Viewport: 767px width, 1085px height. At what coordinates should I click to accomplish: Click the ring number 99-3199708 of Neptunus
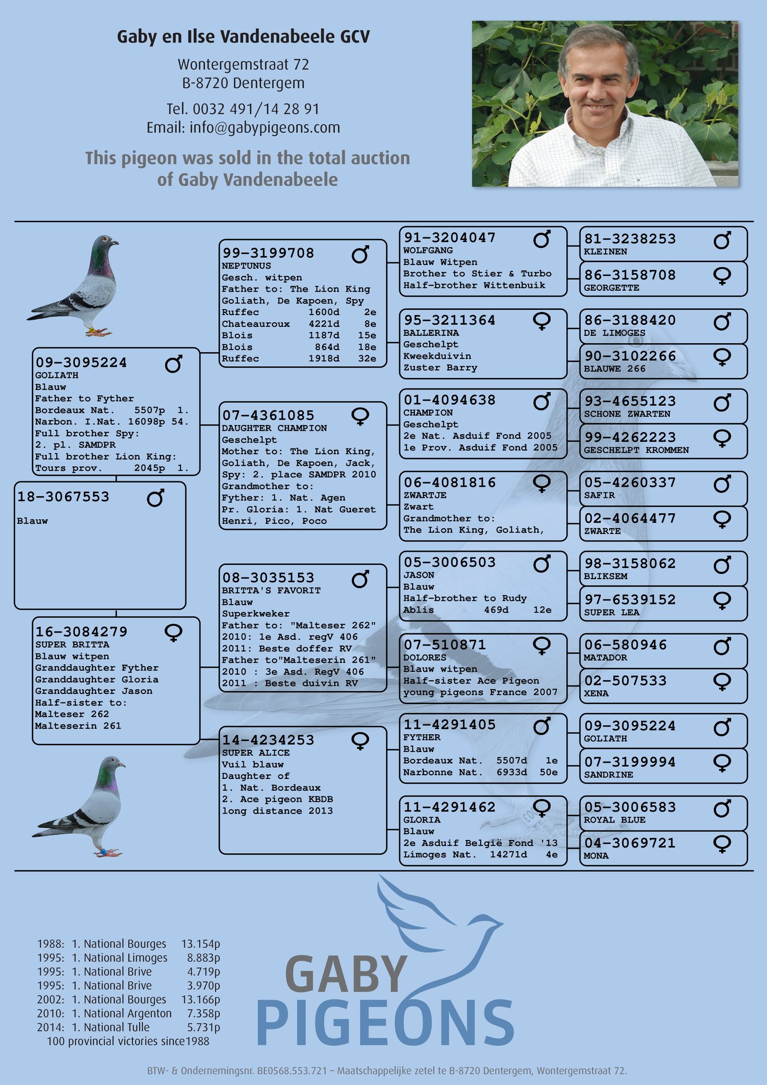pos(268,253)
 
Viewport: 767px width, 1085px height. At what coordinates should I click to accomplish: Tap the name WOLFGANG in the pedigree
pos(428,250)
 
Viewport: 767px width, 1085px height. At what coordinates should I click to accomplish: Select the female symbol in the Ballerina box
pos(542,321)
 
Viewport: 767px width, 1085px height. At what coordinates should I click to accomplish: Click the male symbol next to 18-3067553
pos(156,498)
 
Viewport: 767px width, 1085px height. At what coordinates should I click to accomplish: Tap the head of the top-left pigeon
pos(104,244)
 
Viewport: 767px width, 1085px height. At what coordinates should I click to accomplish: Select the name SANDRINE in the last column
pos(608,775)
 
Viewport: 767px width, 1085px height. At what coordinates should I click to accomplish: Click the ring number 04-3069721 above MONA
pos(630,843)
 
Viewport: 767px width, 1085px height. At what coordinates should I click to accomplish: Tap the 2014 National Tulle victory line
pos(129,1027)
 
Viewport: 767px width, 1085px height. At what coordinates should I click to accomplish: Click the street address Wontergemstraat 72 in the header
pos(243,64)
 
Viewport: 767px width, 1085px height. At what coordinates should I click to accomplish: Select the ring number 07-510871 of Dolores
pos(445,645)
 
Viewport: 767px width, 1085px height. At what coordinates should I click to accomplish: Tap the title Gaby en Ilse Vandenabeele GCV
pos(243,37)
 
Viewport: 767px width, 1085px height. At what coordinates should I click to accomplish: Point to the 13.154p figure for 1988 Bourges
pos(201,944)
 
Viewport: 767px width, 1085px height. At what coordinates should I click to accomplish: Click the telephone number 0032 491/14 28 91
pos(256,109)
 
